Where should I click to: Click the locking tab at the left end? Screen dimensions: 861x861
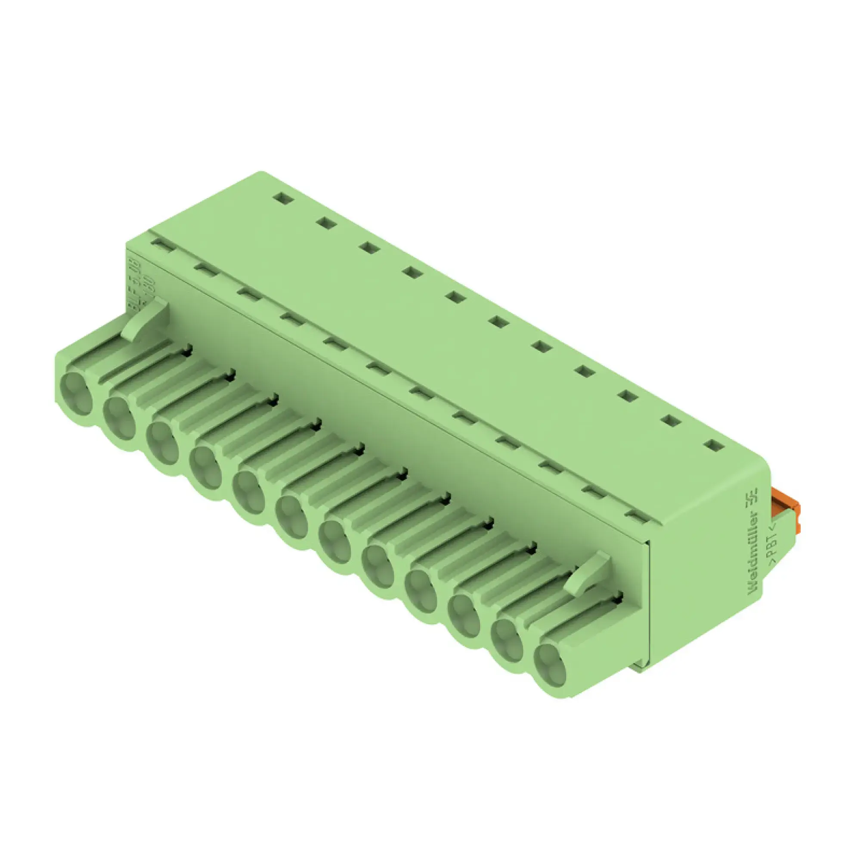click(x=146, y=319)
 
